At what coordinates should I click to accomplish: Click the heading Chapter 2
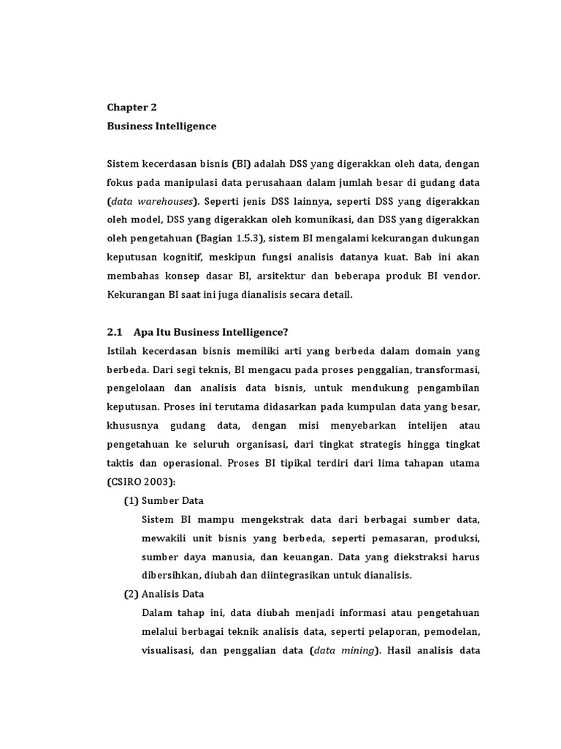[x=132, y=107]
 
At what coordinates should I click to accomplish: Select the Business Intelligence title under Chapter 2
[x=161, y=126]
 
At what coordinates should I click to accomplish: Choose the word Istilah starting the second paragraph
[x=123, y=351]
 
